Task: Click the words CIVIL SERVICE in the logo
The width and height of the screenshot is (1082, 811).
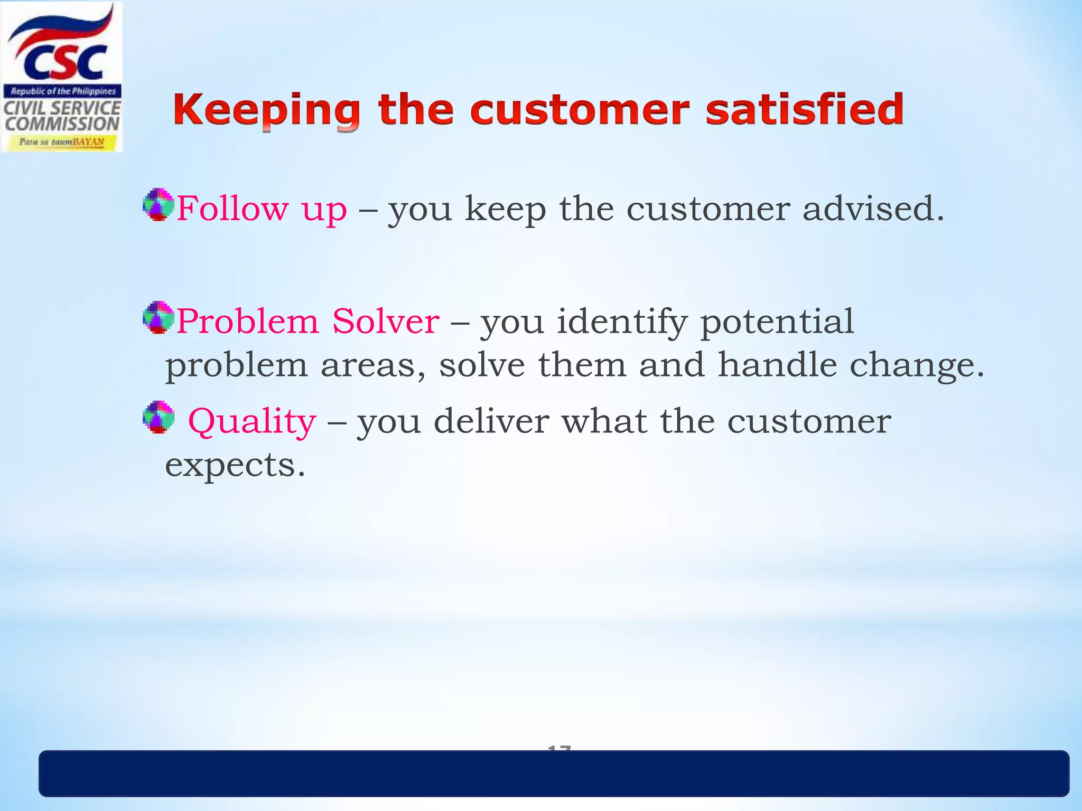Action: click(x=62, y=108)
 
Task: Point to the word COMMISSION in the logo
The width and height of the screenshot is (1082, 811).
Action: click(x=62, y=124)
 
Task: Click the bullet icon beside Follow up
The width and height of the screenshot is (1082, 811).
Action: click(x=158, y=204)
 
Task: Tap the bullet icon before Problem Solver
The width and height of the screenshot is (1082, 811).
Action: click(x=158, y=317)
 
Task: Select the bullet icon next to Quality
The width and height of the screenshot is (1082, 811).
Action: click(x=158, y=417)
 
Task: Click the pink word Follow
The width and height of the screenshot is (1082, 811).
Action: click(x=232, y=208)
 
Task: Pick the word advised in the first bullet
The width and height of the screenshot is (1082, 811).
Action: click(x=872, y=208)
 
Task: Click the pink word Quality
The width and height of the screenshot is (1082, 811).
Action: click(x=252, y=422)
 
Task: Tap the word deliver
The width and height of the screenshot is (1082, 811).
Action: click(x=491, y=421)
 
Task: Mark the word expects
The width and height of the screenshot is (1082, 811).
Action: click(x=235, y=466)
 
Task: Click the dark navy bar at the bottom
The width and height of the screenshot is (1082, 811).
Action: click(x=554, y=774)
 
